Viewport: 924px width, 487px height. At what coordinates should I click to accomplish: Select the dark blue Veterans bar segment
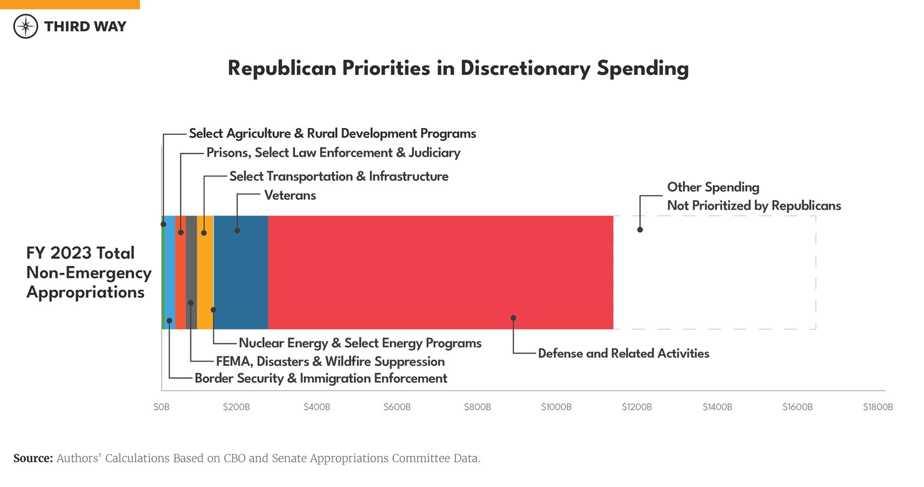point(241,272)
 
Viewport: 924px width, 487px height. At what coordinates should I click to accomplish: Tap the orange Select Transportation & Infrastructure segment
point(205,272)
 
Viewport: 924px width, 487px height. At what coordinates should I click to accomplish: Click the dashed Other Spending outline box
point(715,272)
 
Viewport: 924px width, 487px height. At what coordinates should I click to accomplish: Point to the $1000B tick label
point(556,407)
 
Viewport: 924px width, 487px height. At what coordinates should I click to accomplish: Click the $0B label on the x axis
point(161,407)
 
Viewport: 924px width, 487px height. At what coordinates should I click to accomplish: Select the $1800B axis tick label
point(878,407)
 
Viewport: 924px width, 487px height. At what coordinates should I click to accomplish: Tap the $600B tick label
point(396,407)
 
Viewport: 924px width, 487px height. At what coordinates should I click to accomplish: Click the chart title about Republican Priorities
point(458,68)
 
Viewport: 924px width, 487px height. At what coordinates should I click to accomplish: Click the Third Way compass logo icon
point(26,26)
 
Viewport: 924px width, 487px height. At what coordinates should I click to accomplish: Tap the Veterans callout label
point(290,195)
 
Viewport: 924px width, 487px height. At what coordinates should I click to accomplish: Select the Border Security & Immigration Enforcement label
point(321,378)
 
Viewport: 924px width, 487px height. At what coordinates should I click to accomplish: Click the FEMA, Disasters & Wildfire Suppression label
point(330,362)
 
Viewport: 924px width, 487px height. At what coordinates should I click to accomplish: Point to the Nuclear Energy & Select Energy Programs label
point(360,343)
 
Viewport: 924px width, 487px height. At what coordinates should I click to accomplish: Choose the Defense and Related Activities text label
point(623,353)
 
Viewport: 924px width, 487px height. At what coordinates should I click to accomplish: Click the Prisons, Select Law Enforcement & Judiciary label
point(333,153)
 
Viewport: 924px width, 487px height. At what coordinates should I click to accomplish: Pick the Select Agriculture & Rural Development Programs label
point(332,134)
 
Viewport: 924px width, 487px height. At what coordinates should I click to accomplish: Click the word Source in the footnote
point(33,458)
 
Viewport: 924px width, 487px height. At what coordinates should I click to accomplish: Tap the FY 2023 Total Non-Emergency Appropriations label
point(89,272)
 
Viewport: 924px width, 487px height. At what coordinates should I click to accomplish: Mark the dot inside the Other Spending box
point(640,230)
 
